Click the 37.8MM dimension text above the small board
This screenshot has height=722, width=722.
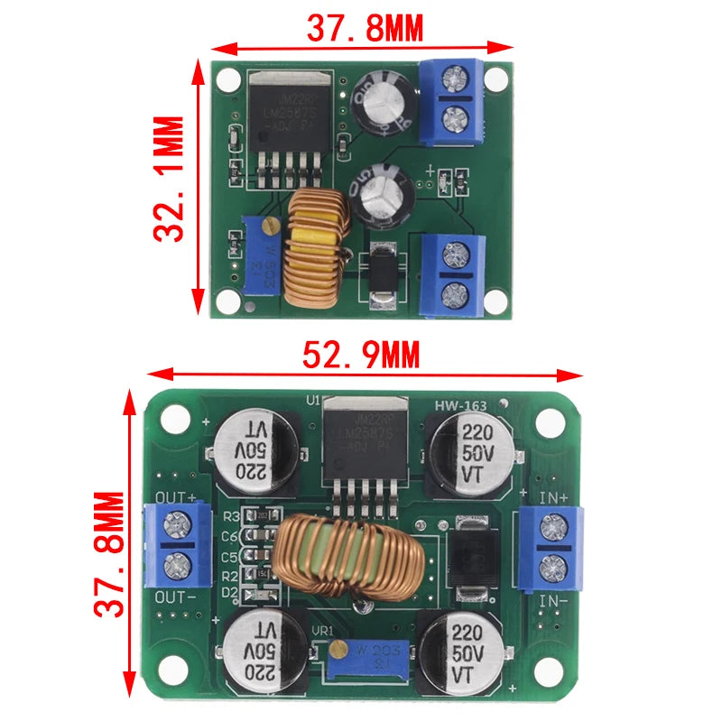tap(365, 29)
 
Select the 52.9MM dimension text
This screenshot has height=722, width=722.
tap(361, 356)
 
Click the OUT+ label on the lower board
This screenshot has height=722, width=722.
tap(175, 497)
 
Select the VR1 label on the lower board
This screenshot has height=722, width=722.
tap(323, 631)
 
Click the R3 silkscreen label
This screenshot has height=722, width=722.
tap(229, 516)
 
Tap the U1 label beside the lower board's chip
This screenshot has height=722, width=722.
tap(314, 400)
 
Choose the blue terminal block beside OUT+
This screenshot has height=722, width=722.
tap(177, 547)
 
